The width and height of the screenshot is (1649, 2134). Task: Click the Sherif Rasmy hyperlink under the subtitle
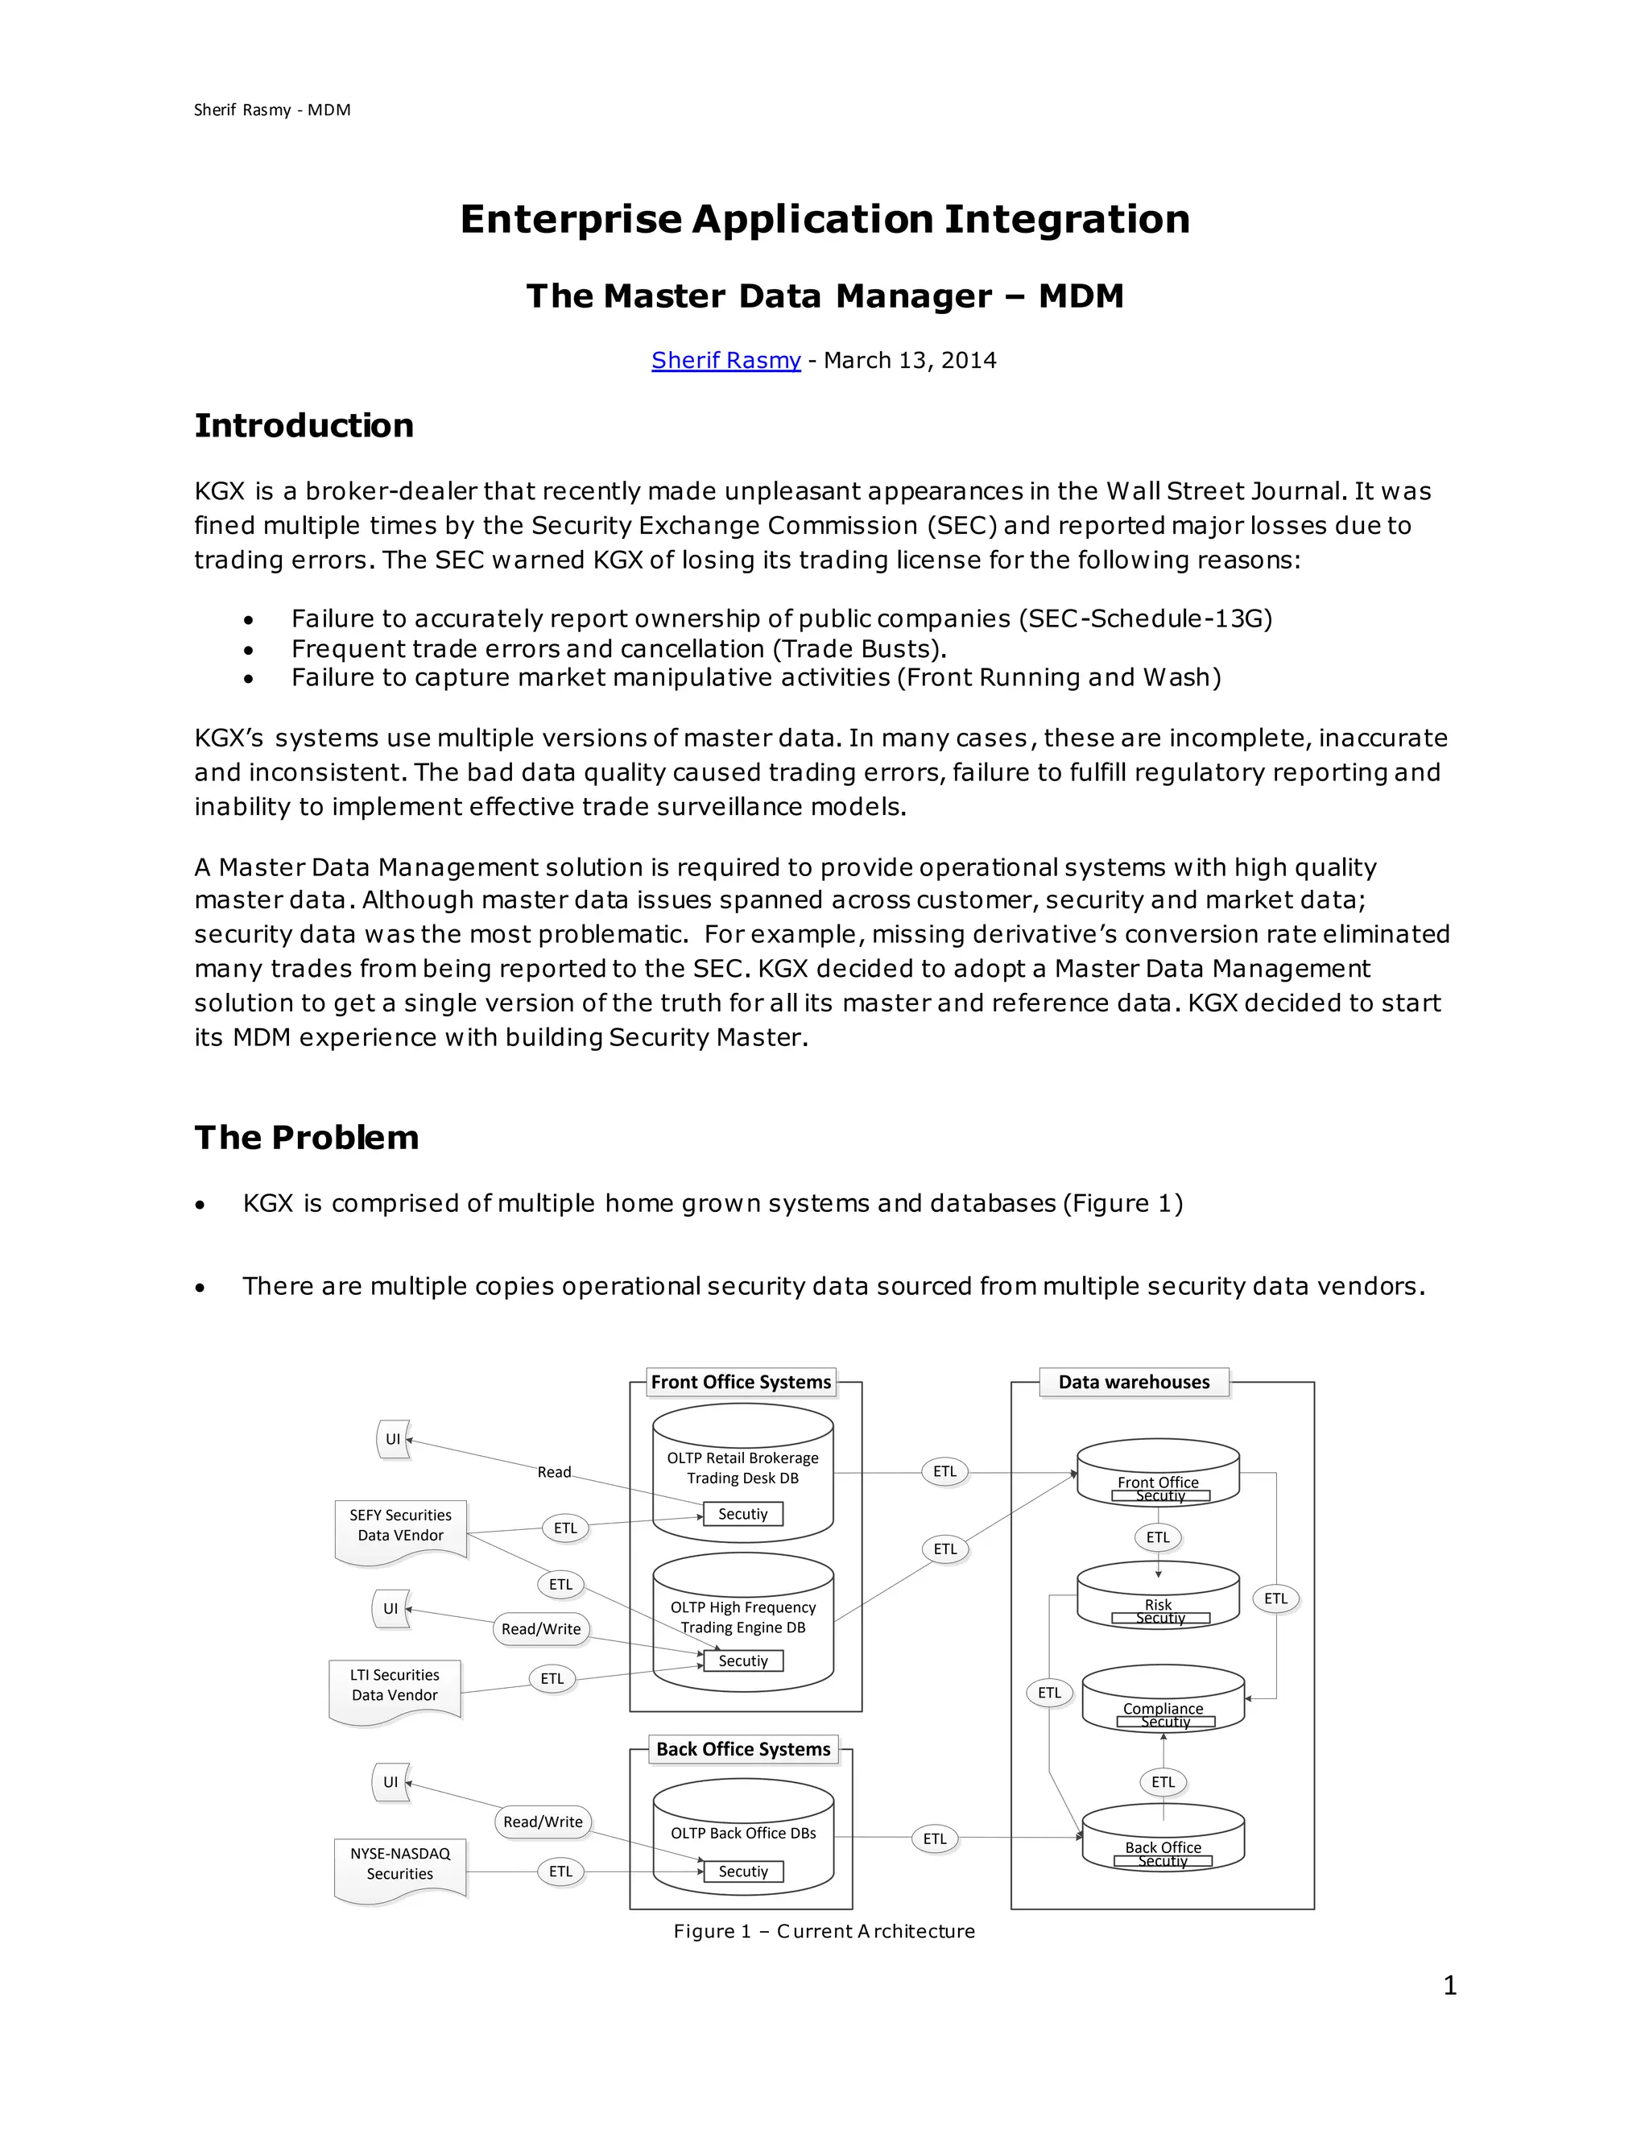point(725,360)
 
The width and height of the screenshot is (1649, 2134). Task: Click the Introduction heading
point(304,425)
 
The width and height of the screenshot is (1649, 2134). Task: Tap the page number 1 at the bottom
point(1449,1986)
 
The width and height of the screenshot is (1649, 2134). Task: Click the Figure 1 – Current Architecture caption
point(824,1931)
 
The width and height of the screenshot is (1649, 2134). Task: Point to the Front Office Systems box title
point(741,1382)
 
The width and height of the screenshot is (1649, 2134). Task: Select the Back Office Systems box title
point(742,1749)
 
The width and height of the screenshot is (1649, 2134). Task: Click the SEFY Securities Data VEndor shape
point(400,1530)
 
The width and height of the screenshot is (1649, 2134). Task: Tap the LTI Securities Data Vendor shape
point(395,1689)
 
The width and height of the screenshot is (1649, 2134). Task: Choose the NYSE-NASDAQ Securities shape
point(400,1867)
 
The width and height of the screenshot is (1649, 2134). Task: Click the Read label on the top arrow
point(554,1471)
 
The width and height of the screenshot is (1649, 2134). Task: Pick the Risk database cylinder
point(1158,1598)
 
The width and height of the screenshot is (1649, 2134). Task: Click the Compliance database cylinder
point(1163,1700)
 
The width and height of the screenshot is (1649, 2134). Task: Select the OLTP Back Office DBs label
point(742,1833)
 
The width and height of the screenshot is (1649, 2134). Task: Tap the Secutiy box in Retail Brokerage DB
point(742,1514)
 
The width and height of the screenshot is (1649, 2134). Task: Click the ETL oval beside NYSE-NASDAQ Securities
point(560,1871)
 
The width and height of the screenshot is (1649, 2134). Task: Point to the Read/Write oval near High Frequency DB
point(541,1629)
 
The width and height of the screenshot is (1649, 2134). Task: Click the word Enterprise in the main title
point(571,219)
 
